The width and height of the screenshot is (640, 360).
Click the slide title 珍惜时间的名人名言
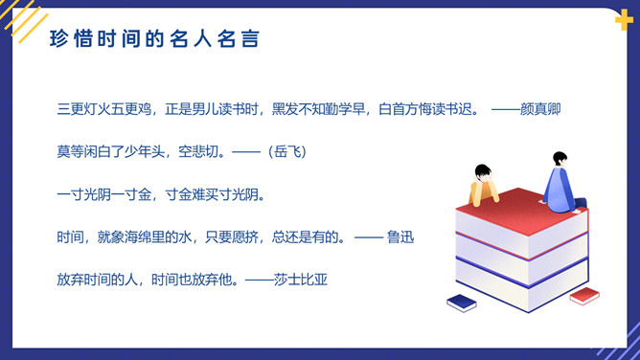pos(152,40)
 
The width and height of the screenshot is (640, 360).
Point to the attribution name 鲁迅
pos(400,236)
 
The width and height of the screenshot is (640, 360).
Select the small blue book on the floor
pos(462,303)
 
